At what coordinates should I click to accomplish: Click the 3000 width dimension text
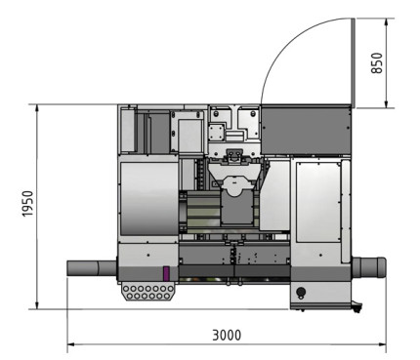[x=227, y=334]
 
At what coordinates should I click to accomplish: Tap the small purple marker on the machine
[x=166, y=274]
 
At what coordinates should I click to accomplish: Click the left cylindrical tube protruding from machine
[x=91, y=266]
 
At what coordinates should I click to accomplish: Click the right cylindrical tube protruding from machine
[x=369, y=266]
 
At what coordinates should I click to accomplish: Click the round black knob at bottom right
[x=301, y=292]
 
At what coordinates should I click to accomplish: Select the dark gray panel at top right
[x=307, y=129]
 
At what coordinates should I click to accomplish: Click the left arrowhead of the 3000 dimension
[x=70, y=344]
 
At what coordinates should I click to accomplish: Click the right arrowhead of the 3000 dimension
[x=382, y=344]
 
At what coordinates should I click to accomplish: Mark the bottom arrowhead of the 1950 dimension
[x=37, y=303]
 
